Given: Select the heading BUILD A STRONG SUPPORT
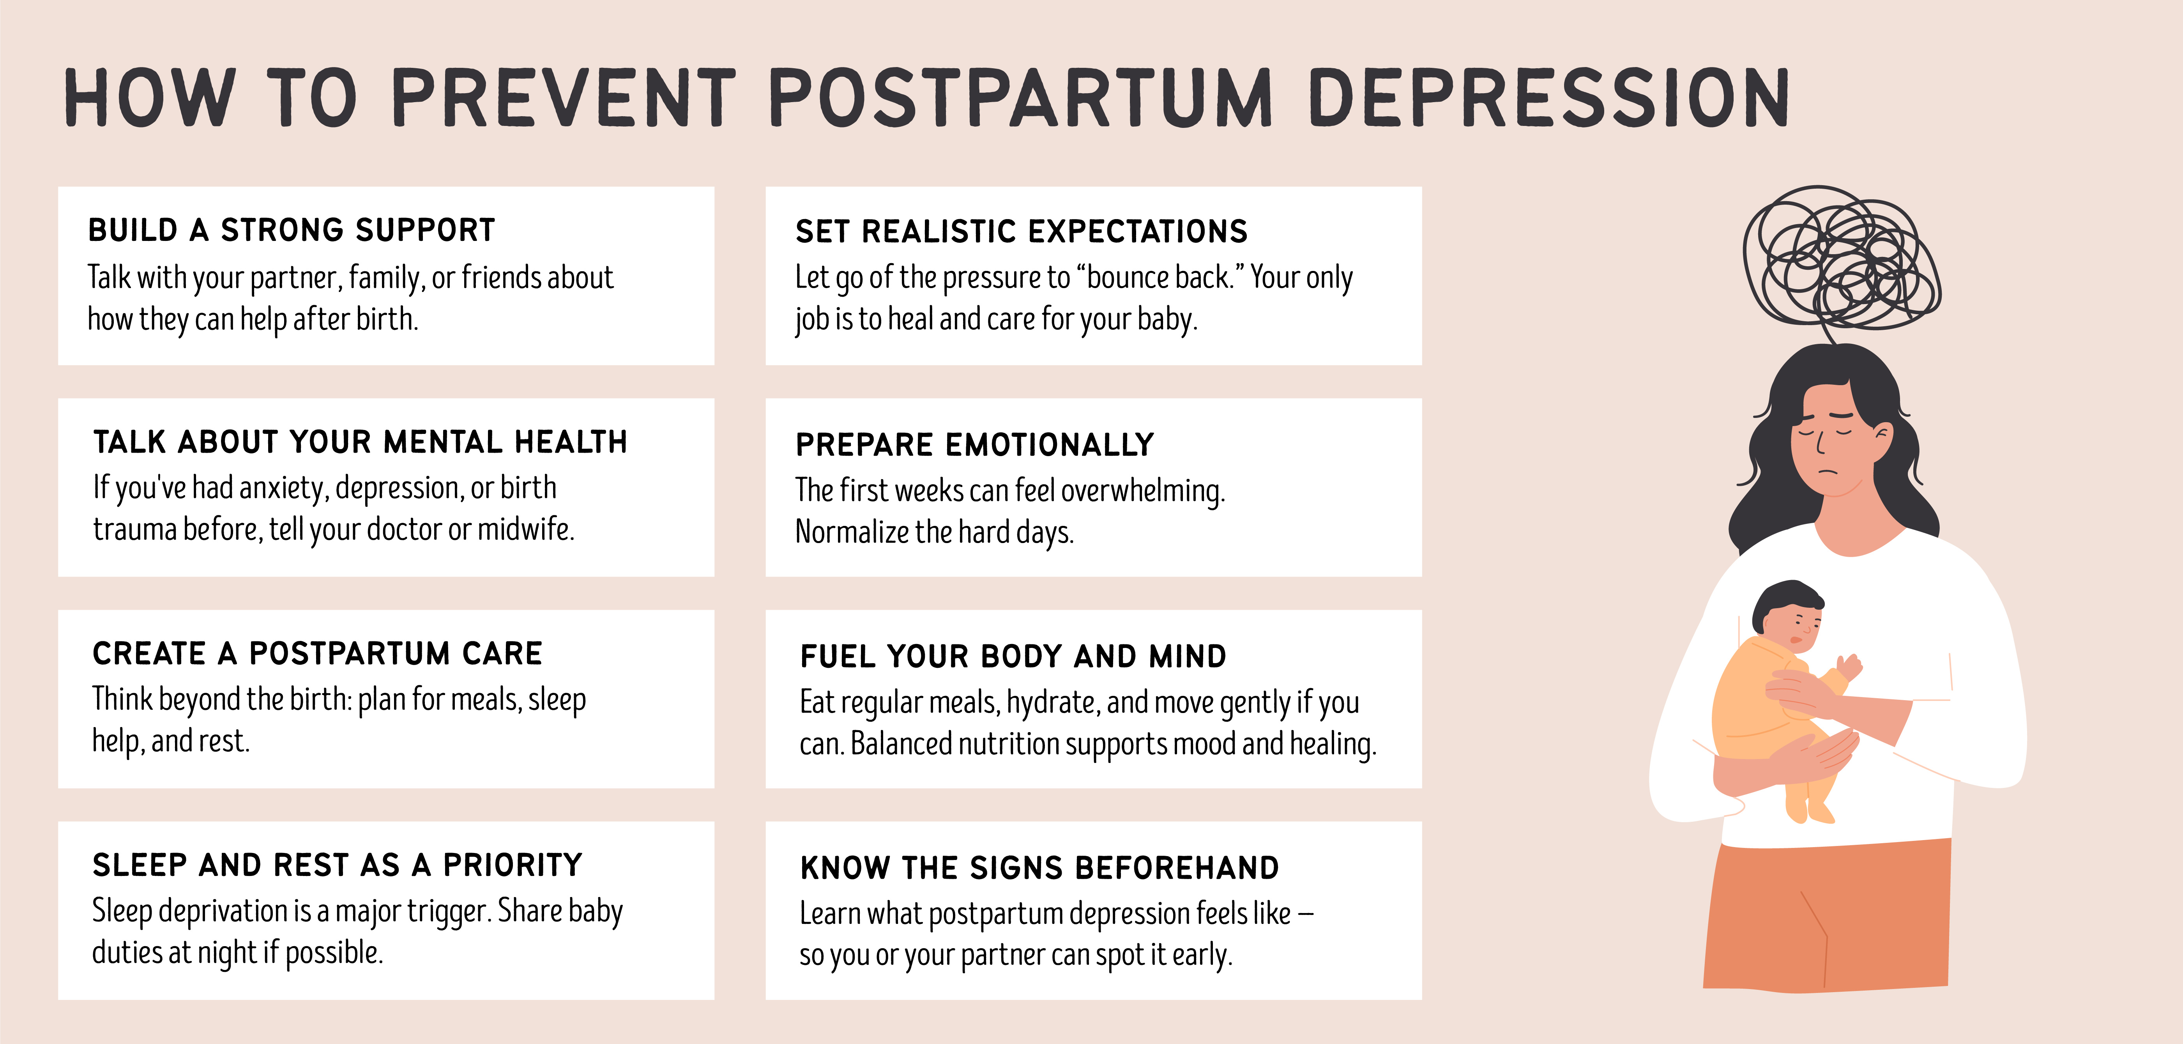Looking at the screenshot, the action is point(292,230).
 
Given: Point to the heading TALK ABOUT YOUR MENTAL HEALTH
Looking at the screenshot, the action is point(360,441).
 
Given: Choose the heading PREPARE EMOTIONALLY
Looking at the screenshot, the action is point(974,444).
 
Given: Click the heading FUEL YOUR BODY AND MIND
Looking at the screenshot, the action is point(1013,656).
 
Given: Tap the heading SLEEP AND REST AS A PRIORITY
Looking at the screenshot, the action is point(337,864).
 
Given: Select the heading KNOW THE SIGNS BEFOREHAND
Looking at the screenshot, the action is point(1040,868).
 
